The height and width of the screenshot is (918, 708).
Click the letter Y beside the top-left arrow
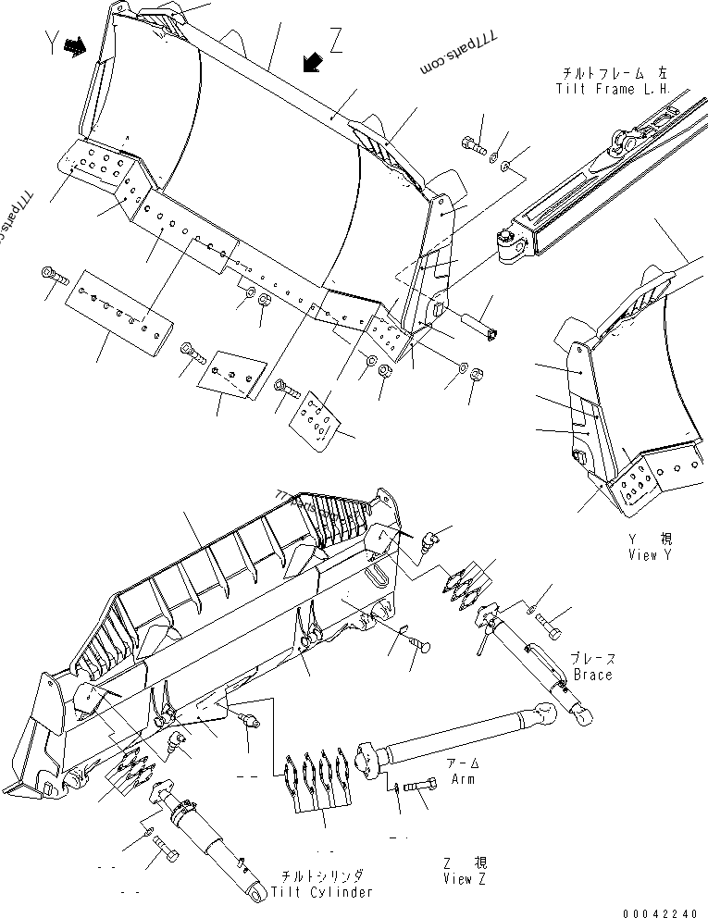pyautogui.click(x=52, y=44)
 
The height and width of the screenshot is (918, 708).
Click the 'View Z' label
pyautogui.click(x=464, y=878)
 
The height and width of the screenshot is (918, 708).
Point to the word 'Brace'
pyautogui.click(x=592, y=675)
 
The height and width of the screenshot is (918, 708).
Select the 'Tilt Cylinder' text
pyautogui.click(x=322, y=892)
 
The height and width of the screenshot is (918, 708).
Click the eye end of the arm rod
pyautogui.click(x=550, y=712)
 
